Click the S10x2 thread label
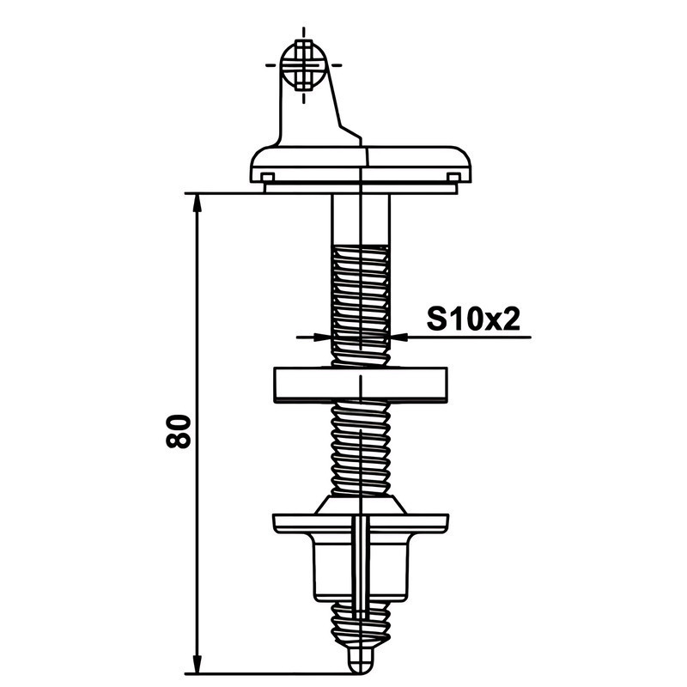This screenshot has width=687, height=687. pos(473,319)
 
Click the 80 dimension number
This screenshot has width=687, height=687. pos(179,431)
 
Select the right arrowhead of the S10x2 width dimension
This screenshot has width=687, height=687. pos(399,337)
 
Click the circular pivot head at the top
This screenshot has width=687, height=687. pos(304,65)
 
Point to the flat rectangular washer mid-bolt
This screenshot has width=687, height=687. pos(360,385)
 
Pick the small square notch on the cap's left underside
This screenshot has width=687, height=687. pos(267,177)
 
